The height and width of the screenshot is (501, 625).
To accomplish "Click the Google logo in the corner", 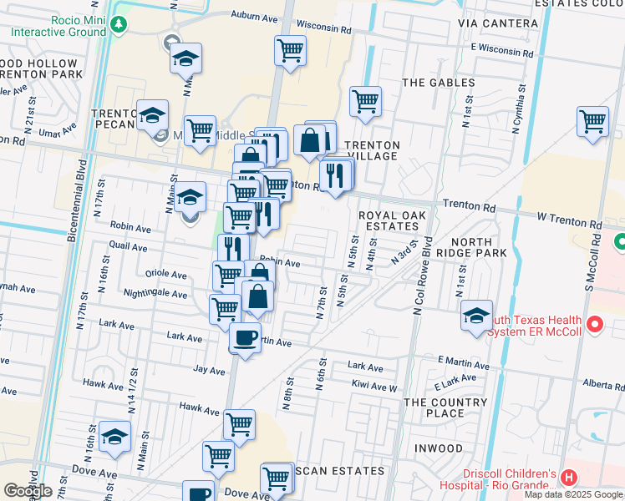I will (x=27, y=491).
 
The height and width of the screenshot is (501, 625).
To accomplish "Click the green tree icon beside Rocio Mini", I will (x=119, y=24).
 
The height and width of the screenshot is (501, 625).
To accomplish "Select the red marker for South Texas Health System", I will (x=595, y=323).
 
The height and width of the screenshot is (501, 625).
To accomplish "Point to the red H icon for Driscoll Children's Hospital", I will (x=569, y=478).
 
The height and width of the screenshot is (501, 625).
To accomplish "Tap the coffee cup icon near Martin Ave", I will (x=245, y=338).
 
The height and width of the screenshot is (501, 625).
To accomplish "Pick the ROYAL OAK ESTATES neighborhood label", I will (x=392, y=220).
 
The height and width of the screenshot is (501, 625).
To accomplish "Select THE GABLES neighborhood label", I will (x=439, y=83).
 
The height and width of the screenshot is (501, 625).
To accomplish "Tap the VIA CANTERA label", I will (x=498, y=23).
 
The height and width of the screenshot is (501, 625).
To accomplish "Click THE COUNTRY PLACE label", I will (x=445, y=407).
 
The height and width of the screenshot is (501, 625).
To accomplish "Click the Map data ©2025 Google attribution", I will (x=574, y=494).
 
